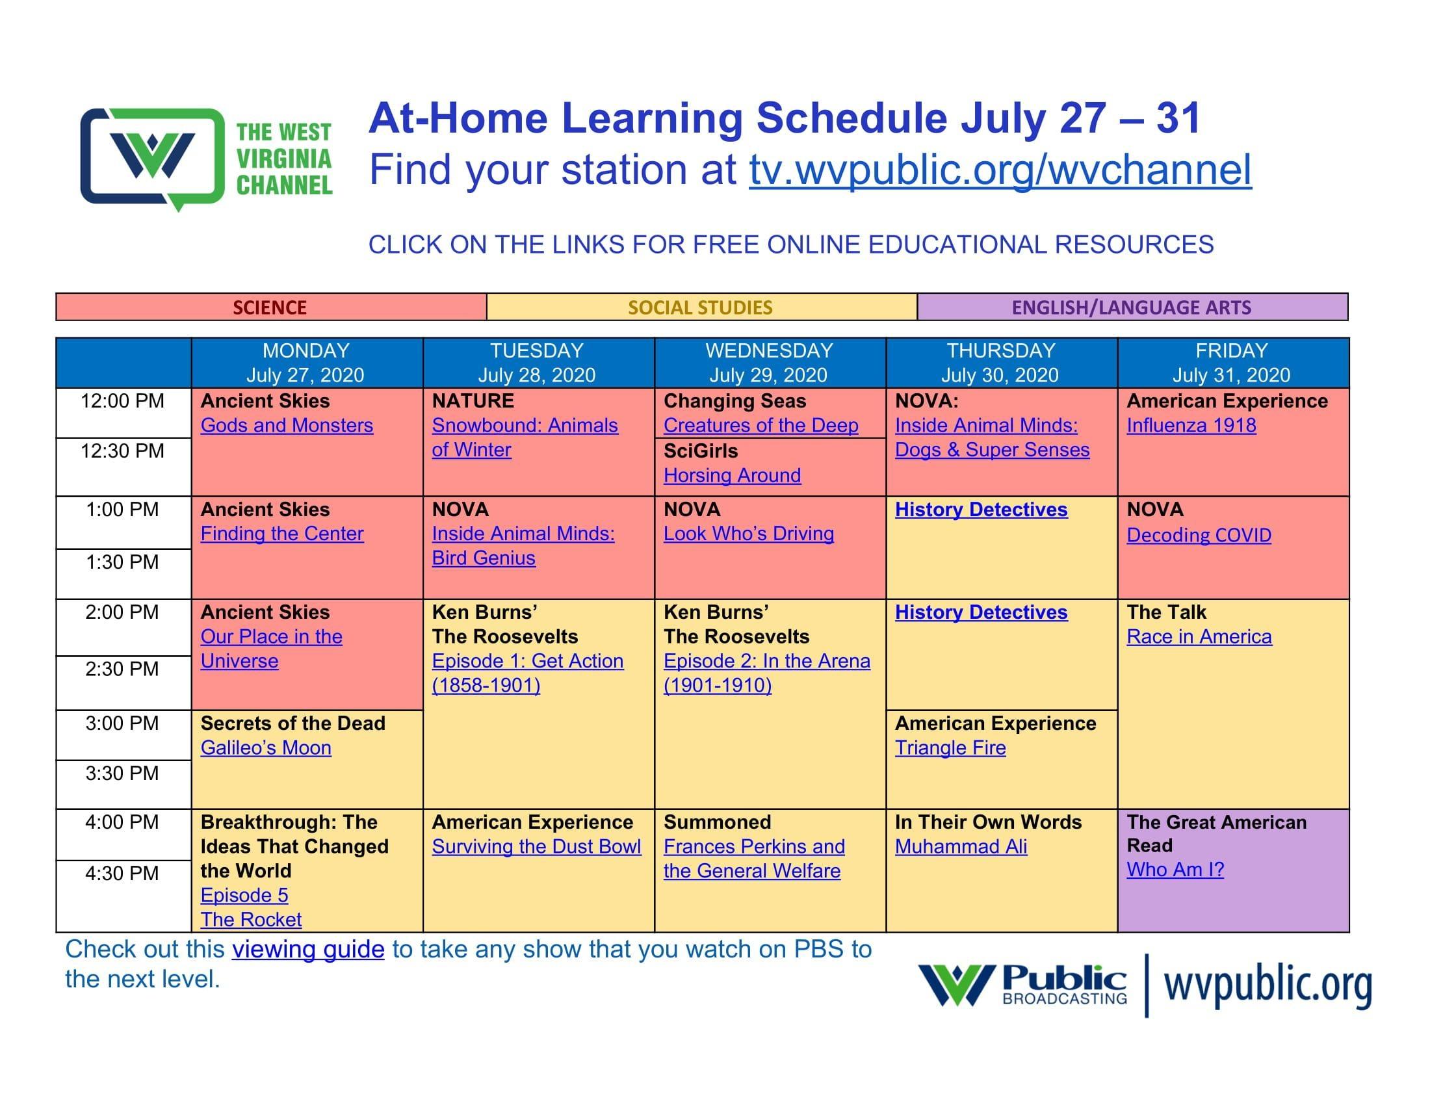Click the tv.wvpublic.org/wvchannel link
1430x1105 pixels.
coord(1000,170)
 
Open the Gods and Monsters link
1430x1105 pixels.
coord(287,426)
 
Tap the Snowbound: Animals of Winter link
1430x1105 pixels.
coord(525,437)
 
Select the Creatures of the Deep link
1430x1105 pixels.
coord(761,426)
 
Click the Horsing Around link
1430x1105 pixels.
coord(732,475)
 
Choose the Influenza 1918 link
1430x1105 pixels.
coord(1191,426)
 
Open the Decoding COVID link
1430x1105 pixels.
coord(1199,535)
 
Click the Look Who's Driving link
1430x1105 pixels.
coord(748,534)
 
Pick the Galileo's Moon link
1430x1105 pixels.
coord(266,747)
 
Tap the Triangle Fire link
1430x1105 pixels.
coord(950,747)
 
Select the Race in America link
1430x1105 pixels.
coord(1199,636)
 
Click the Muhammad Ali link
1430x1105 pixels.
coord(961,846)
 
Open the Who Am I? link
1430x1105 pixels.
coord(1175,869)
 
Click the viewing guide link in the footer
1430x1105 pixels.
coord(307,949)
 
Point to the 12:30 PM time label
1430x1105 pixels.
coord(122,451)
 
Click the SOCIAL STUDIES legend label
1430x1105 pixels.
coord(700,307)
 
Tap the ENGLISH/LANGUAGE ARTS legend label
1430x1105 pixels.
coord(1132,307)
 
